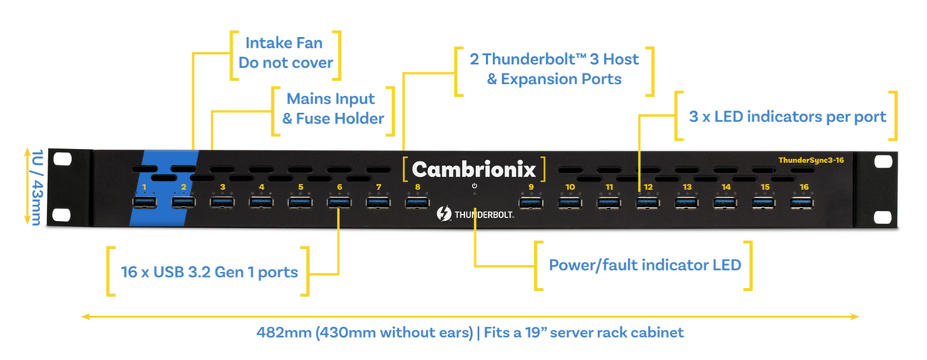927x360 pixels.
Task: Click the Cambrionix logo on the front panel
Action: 474,168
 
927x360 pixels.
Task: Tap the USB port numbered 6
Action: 339,202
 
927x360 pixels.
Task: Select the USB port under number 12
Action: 647,202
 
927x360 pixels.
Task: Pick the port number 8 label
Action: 417,187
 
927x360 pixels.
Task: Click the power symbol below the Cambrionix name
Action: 474,187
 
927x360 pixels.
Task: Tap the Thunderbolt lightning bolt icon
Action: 445,214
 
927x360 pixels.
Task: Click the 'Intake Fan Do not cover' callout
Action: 285,53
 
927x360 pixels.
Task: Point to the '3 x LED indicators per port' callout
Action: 787,117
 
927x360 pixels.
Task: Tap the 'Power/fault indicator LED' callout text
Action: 644,265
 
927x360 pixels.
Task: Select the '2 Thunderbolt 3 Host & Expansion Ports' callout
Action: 555,69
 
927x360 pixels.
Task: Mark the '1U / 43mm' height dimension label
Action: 33,188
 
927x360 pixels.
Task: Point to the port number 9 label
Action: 531,187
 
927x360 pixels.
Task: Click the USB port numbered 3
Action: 222,202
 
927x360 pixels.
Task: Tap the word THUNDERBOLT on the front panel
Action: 484,214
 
